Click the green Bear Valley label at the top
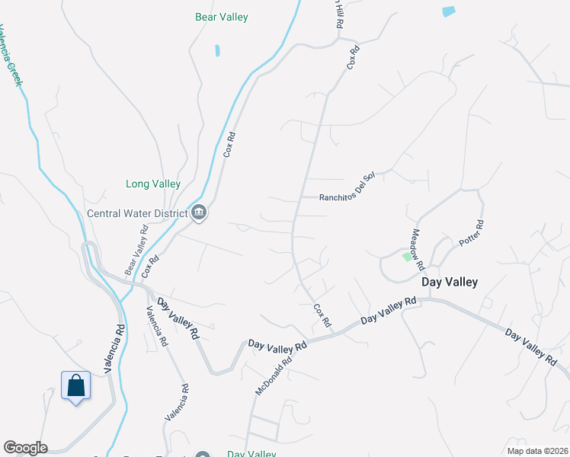(x=222, y=17)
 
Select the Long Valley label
(x=153, y=184)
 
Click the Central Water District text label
(x=137, y=213)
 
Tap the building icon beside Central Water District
(x=199, y=212)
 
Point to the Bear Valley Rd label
(x=137, y=251)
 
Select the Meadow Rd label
(x=417, y=249)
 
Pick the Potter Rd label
(x=471, y=234)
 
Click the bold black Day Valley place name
(x=450, y=282)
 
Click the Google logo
(x=25, y=448)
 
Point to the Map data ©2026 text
(x=536, y=451)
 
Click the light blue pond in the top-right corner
(x=448, y=11)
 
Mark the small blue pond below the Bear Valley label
(x=217, y=51)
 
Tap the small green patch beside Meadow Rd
(x=406, y=257)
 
